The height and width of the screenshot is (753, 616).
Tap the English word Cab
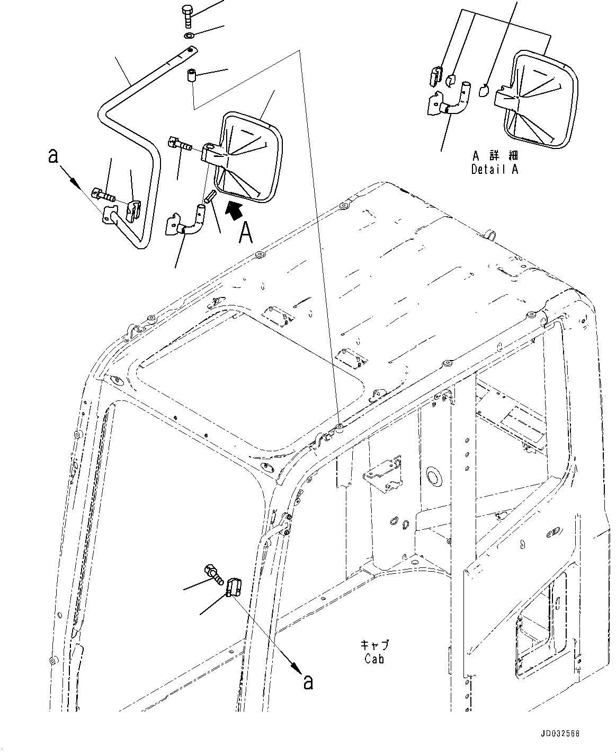pyautogui.click(x=374, y=659)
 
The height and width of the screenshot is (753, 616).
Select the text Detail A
pyautogui.click(x=494, y=170)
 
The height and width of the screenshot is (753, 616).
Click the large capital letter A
pyautogui.click(x=245, y=232)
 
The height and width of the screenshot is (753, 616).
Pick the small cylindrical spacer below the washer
pyautogui.click(x=192, y=75)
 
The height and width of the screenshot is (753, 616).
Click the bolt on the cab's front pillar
pyautogui.click(x=213, y=574)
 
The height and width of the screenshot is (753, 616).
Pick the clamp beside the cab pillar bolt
pyautogui.click(x=234, y=587)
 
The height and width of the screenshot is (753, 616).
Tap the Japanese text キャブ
pyautogui.click(x=374, y=645)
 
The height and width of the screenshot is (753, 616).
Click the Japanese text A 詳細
pyautogui.click(x=494, y=156)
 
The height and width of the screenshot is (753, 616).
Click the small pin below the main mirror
pyautogui.click(x=209, y=198)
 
